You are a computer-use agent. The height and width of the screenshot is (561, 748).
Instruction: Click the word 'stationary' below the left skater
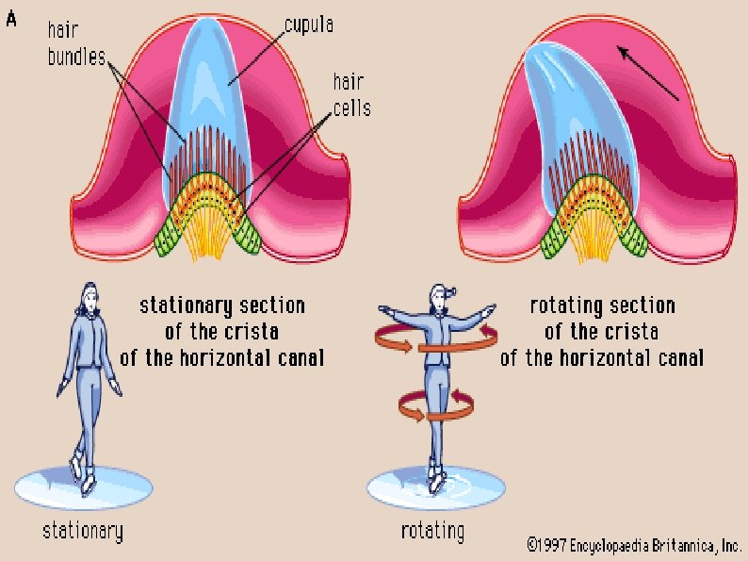click(83, 531)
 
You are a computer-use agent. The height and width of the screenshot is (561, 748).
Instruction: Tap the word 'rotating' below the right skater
click(431, 531)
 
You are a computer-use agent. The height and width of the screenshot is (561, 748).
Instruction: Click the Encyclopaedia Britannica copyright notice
click(633, 544)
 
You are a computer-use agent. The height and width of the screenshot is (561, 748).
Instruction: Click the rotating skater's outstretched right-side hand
click(488, 309)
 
